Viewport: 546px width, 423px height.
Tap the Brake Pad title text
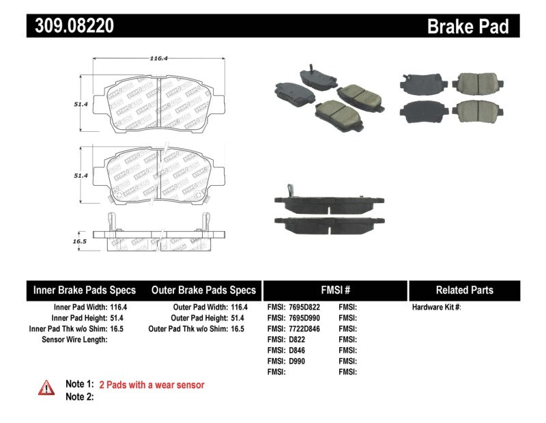[468, 26]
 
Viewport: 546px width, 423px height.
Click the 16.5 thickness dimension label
[80, 241]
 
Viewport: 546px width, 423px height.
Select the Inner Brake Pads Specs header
[85, 290]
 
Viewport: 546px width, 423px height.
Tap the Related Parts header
[464, 290]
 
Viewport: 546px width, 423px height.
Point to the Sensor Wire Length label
[74, 340]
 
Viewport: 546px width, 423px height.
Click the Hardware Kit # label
[436, 308]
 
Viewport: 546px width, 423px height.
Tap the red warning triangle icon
[46, 387]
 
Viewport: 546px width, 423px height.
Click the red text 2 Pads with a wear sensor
[152, 385]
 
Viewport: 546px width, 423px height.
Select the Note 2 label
[78, 397]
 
